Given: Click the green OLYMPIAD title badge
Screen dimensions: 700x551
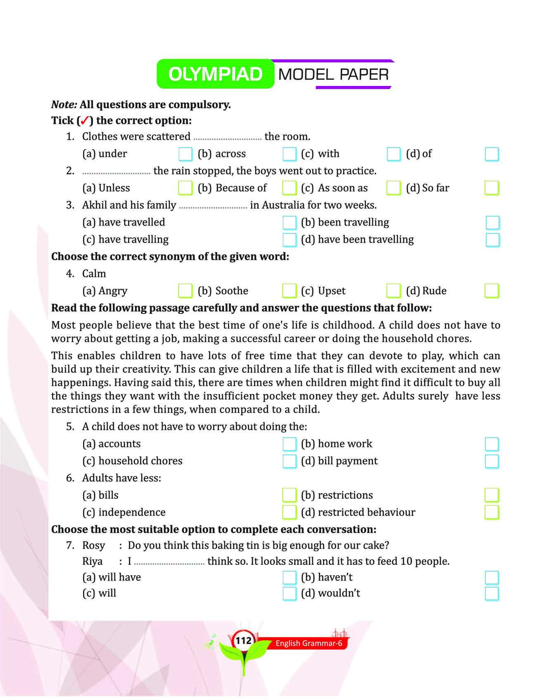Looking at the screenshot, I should point(215,74).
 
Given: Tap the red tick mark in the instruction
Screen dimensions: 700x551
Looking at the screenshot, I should point(83,121).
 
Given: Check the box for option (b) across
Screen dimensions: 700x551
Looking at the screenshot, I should point(289,154).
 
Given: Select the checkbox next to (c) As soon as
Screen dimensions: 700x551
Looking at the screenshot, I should point(393,188).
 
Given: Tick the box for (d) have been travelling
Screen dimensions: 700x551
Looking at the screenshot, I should point(492,240).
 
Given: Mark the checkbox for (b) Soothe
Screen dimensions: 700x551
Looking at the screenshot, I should point(289,291).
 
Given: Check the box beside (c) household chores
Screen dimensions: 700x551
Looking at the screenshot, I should point(289,461).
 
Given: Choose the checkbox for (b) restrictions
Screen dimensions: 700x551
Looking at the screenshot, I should point(492,495).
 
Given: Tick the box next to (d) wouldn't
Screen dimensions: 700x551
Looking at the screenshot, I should point(492,593).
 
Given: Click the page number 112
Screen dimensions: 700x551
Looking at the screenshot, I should point(243,640).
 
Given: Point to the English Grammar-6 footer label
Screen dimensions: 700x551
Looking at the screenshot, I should point(309,643).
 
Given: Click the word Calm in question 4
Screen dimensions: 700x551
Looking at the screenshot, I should point(94,274).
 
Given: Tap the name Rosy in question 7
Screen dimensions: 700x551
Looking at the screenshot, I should point(94,545).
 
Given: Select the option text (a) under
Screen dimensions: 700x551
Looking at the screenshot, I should point(105,154).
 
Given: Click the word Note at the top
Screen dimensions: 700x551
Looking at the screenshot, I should point(64,105).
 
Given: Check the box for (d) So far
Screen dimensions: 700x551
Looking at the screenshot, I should point(492,188).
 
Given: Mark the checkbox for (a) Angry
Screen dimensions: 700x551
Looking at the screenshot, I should point(185,291).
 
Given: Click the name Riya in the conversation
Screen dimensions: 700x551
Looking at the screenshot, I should point(93,561).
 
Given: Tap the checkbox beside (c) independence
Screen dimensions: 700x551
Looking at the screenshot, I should point(289,512).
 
